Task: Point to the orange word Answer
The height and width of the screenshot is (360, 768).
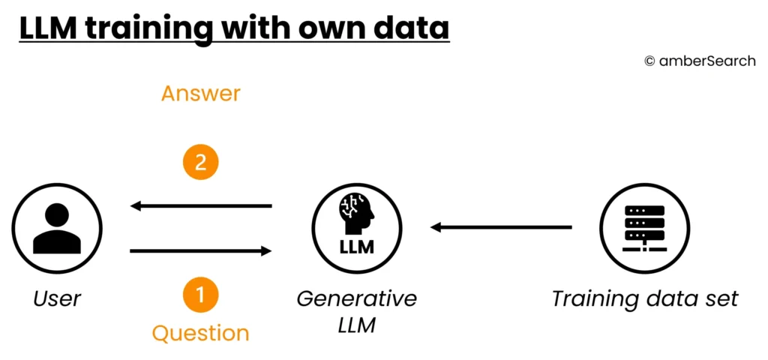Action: pos(200,94)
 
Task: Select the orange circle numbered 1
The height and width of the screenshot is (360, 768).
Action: pos(200,295)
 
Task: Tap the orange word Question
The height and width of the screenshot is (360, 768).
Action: pos(200,332)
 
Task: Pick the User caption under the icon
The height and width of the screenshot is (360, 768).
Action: pos(57,298)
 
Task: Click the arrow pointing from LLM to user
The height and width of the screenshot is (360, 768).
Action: pos(200,205)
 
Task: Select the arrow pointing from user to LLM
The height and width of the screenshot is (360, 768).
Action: pos(200,250)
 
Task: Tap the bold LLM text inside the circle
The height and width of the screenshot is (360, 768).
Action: pos(357,247)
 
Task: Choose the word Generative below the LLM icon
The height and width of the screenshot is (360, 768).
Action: pos(357,298)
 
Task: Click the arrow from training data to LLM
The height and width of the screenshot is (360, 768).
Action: pos(501,227)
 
